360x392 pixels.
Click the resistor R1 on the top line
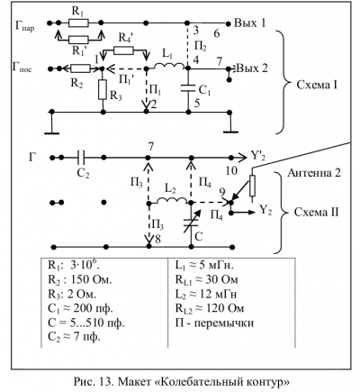point(78,23)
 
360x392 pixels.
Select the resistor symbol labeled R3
point(103,90)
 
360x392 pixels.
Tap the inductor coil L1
point(169,66)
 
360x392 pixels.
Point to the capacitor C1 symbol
point(188,88)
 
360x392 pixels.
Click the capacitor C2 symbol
point(81,158)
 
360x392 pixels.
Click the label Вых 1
point(249,23)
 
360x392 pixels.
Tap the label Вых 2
point(252,68)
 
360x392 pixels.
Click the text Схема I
point(317,85)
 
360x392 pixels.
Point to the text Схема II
point(317,213)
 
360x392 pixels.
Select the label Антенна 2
point(314,173)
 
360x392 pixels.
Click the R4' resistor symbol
point(124,50)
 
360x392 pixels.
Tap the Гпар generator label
point(25,26)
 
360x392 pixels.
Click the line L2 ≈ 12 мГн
point(206,294)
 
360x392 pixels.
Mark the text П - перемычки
point(214,323)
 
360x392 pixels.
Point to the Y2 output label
point(265,211)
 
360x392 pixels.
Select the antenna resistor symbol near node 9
point(252,186)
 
